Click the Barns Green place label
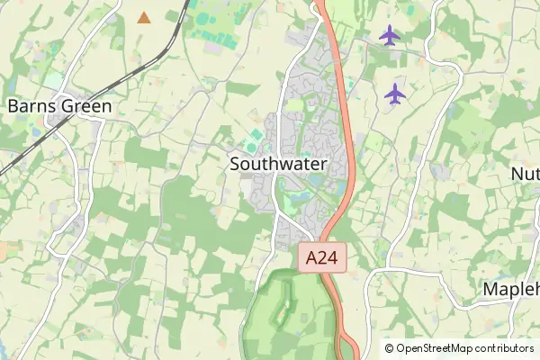(59, 106)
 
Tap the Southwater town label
(277, 164)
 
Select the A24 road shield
(321, 258)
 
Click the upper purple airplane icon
(389, 35)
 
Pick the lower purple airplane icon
(395, 92)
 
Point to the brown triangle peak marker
(144, 17)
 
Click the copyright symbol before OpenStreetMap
(389, 347)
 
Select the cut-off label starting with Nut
(525, 173)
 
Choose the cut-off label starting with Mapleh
(510, 289)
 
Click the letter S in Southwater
(236, 164)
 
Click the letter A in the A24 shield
(311, 258)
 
